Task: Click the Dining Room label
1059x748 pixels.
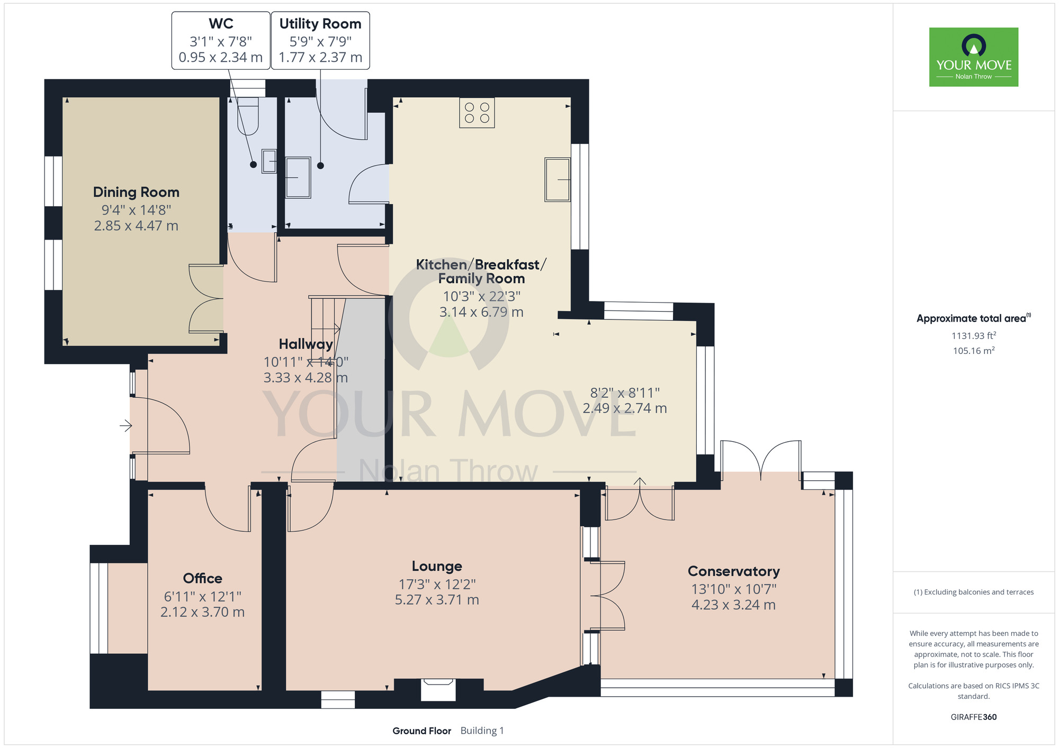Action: tap(136, 192)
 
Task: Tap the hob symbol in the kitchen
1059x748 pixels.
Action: tap(477, 113)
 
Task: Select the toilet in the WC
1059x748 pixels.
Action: tap(248, 115)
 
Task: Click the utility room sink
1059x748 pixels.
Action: tap(298, 178)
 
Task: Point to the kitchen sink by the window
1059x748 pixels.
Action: tap(558, 179)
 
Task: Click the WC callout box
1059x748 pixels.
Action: tap(221, 41)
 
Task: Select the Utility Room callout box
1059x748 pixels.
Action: tap(320, 41)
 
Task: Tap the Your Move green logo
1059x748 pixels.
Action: tap(974, 57)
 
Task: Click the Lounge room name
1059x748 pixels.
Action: tap(437, 567)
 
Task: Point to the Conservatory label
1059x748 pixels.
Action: tap(733, 571)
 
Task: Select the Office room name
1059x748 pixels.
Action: tap(202, 578)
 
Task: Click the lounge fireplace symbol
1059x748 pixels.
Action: tap(438, 690)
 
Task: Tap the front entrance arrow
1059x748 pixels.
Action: tap(125, 425)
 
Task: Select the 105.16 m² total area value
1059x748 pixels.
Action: tap(974, 351)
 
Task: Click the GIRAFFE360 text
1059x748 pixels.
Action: tap(974, 717)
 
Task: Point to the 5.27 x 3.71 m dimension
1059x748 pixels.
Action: tap(437, 600)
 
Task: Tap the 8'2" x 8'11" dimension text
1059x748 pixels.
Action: tap(625, 393)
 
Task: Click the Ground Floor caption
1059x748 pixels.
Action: tap(421, 731)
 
